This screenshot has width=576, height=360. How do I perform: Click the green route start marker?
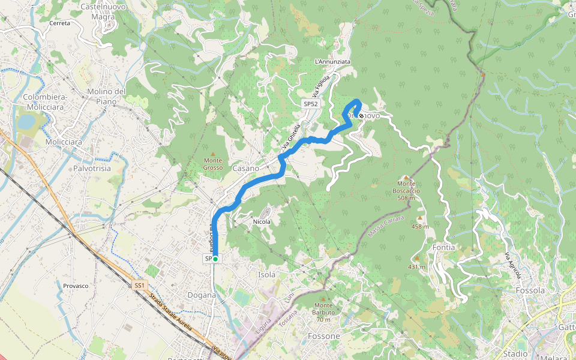(x=215, y=259)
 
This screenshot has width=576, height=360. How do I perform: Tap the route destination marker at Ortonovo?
(x=361, y=115)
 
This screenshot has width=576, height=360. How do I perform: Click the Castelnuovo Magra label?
(x=98, y=11)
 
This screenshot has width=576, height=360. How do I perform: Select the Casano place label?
(x=245, y=169)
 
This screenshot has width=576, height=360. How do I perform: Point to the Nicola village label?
(x=262, y=221)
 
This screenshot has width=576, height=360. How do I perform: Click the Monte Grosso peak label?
(x=213, y=164)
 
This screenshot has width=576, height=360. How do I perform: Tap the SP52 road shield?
(x=310, y=104)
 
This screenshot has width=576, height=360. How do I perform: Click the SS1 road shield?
(x=139, y=286)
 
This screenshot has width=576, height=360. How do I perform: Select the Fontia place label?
(x=443, y=247)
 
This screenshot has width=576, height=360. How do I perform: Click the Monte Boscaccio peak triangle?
(x=406, y=177)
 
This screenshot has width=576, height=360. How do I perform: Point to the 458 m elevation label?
(x=420, y=226)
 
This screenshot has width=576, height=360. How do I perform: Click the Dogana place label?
(x=202, y=295)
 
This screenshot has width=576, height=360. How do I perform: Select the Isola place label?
(x=266, y=275)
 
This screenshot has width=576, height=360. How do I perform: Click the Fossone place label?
(x=323, y=336)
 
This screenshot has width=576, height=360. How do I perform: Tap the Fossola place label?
(x=529, y=290)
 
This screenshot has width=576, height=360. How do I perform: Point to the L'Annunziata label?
(x=332, y=62)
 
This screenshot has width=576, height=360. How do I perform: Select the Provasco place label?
(x=76, y=286)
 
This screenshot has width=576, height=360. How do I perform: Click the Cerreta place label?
(x=60, y=23)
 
